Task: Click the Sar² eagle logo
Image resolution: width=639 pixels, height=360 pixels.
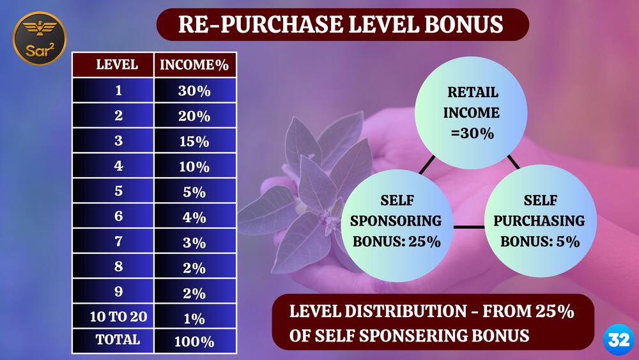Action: pos(40,38)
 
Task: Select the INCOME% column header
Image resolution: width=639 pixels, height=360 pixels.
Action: pos(195,65)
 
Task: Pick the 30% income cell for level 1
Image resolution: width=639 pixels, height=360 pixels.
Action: pos(195,90)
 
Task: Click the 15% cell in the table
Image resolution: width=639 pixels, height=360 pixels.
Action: pos(195,141)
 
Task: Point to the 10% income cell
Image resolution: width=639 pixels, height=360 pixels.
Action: pos(195,166)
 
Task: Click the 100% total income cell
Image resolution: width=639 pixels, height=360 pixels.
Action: pos(195,341)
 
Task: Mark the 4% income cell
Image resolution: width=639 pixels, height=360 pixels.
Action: pos(195,216)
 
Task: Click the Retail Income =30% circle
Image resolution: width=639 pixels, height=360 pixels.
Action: pos(471,113)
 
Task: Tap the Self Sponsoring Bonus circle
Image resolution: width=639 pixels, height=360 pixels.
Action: pos(397,226)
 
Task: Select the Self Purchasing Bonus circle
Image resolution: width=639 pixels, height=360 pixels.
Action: pos(541,221)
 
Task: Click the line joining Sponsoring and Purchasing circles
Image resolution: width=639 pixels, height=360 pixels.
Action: pos(469,227)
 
